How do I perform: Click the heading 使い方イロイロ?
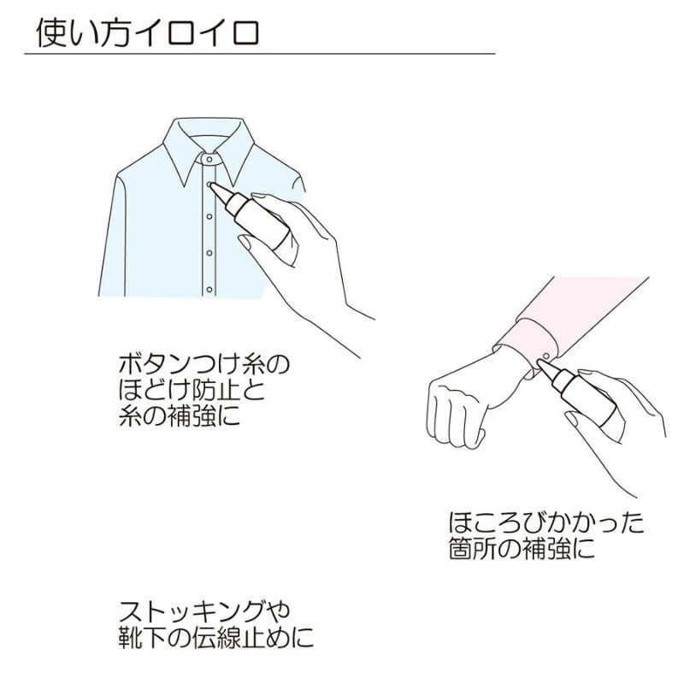pyautogui.click(x=147, y=32)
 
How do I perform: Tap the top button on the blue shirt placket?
pyautogui.click(x=209, y=184)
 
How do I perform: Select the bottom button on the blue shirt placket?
pyautogui.click(x=209, y=289)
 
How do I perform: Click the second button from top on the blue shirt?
pyautogui.click(x=209, y=216)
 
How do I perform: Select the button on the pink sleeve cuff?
pyautogui.click(x=545, y=357)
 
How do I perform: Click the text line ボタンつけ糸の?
pyautogui.click(x=203, y=363)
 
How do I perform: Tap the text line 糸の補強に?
pyautogui.click(x=180, y=415)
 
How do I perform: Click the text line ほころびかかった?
pyautogui.click(x=546, y=522)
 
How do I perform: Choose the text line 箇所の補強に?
pyautogui.click(x=522, y=548)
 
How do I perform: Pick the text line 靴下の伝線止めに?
pyautogui.click(x=216, y=637)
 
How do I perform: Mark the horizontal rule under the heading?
pyautogui.click(x=260, y=54)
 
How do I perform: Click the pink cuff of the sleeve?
pyautogui.click(x=526, y=345)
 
